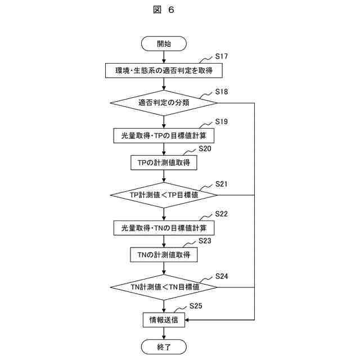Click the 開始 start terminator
coord(164,43)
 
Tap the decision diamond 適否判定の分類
coord(164,103)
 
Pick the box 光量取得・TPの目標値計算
coord(164,136)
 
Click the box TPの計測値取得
coord(164,163)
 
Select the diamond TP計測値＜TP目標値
coord(164,195)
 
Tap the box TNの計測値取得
coord(164,255)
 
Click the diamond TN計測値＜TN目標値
coord(164,287)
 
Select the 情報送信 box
coord(164,320)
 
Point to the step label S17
coord(222,57)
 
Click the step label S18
coord(222,92)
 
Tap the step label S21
coord(222,184)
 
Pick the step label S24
coord(222,276)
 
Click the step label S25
coord(196,306)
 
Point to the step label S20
coord(205,148)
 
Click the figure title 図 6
coord(164,10)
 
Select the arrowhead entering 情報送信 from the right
coord(187,320)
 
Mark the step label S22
coord(222,214)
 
